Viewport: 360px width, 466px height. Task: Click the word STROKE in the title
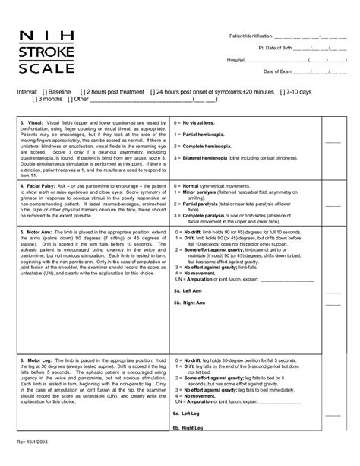47,50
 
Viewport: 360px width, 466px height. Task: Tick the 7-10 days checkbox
281,90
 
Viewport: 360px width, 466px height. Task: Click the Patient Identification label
249,36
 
